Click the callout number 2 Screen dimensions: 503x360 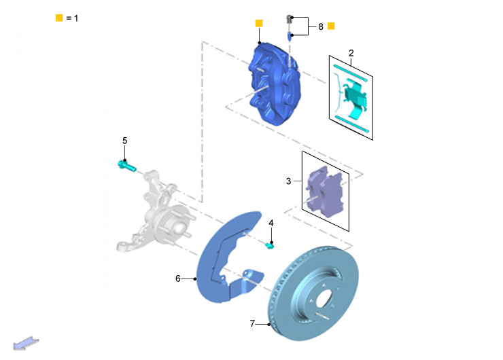click(351, 53)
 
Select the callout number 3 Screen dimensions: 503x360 click(288, 181)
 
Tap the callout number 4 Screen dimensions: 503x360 click(271, 223)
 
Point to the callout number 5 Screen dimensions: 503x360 click(125, 141)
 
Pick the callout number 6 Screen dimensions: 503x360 click(178, 278)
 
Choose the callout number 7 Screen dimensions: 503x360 click(252, 324)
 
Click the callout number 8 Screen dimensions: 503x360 click(321, 26)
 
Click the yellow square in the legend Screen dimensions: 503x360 click(59, 18)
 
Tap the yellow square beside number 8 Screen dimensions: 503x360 click(331, 26)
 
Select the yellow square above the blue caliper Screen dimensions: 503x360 click(259, 23)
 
